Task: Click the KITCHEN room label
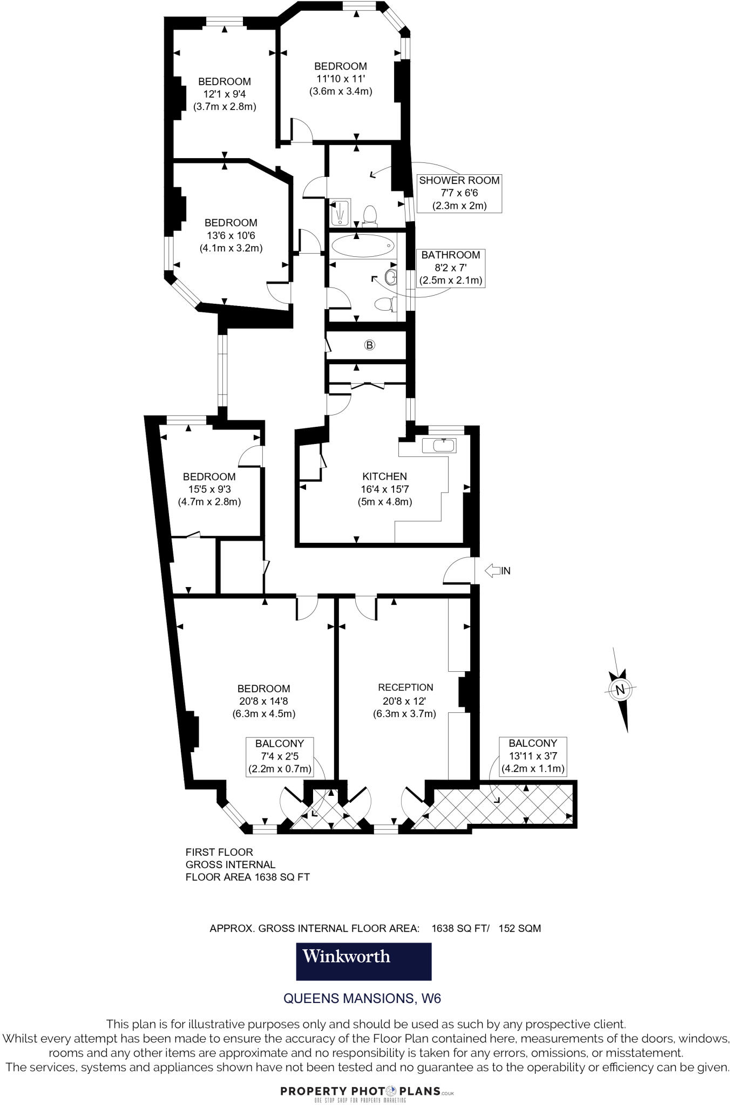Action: [x=384, y=476]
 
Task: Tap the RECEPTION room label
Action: [x=405, y=687]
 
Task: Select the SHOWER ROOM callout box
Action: [x=459, y=193]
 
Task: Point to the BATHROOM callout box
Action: [x=451, y=268]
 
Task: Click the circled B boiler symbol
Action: [x=370, y=345]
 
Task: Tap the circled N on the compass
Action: [x=620, y=689]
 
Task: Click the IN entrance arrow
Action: [x=497, y=570]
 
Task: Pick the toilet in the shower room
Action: [x=370, y=215]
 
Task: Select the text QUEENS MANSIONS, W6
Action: [x=362, y=998]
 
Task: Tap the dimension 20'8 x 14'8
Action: [x=264, y=701]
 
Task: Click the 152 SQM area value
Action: [x=519, y=928]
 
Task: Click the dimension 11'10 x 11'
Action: [x=341, y=79]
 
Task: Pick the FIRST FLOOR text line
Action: [x=219, y=852]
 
